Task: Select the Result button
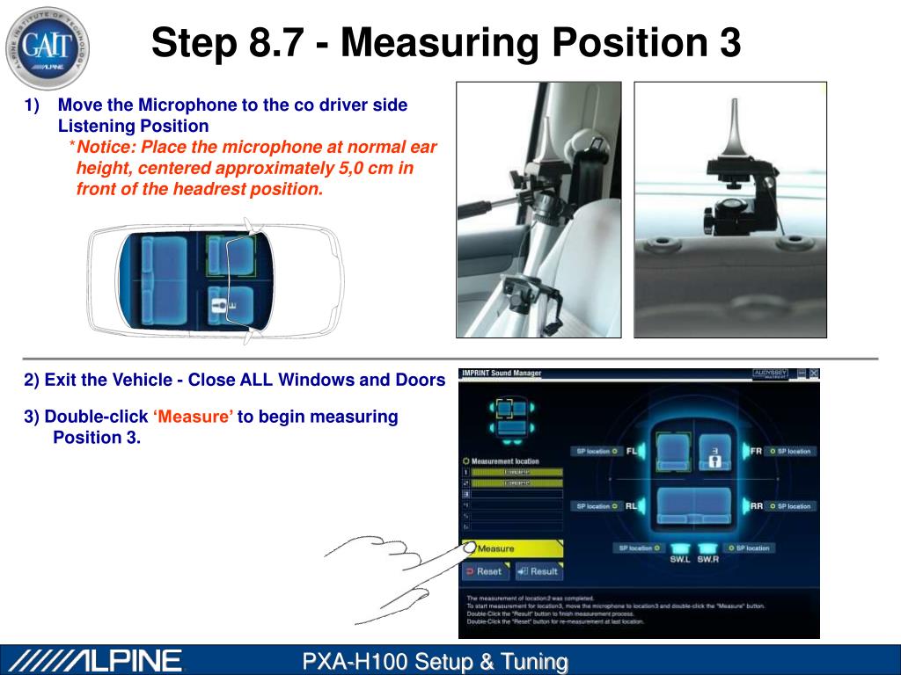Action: point(538,571)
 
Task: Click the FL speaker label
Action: point(632,452)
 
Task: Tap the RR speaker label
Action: point(756,506)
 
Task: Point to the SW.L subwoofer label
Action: point(679,559)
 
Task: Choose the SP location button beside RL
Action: point(597,506)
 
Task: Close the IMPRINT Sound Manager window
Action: point(814,374)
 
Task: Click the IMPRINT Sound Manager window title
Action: point(502,374)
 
